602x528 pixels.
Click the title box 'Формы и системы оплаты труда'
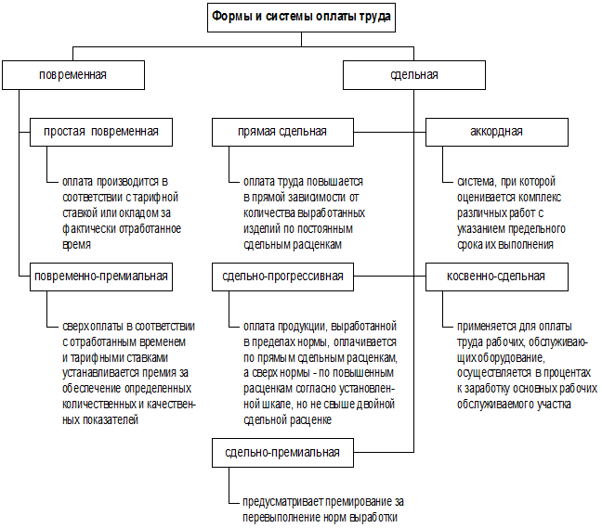pos(301,16)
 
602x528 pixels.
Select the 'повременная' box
pos(72,74)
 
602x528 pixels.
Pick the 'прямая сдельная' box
pos(281,132)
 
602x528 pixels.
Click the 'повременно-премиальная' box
pos(100,276)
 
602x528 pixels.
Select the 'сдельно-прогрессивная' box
pos(282,276)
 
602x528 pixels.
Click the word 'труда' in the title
pos(373,16)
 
